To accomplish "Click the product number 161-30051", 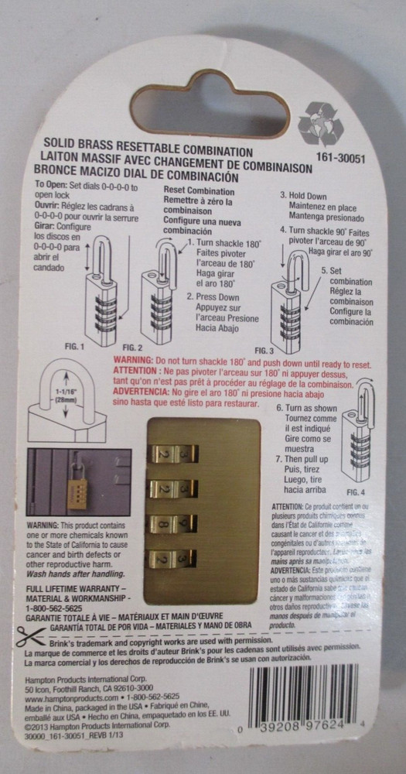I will pos(352,154).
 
